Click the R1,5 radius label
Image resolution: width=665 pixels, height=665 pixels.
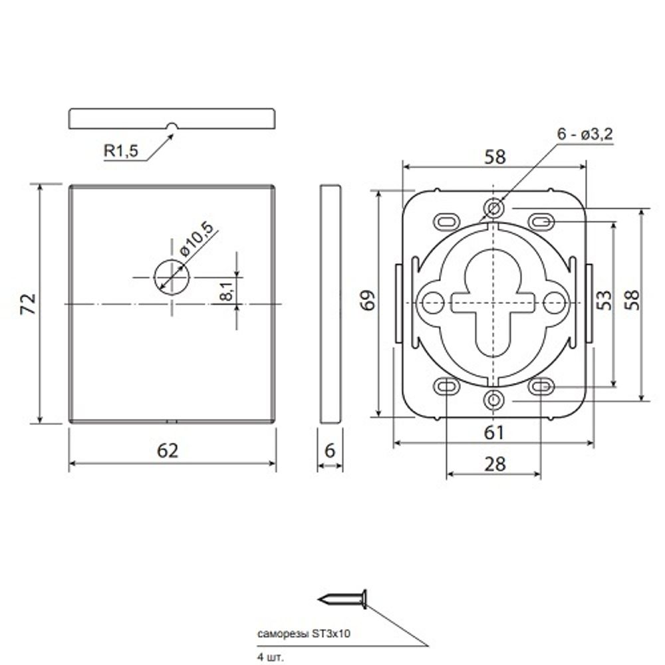(x=121, y=150)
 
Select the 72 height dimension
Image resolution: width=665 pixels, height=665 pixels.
(x=29, y=304)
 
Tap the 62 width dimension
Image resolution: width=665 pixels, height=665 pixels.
(x=168, y=451)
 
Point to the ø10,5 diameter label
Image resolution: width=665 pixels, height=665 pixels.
(x=196, y=239)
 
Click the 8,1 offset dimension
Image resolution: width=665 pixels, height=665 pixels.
(x=227, y=291)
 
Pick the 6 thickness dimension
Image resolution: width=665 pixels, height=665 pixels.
(x=330, y=450)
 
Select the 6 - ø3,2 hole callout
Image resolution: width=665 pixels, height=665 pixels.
(x=585, y=134)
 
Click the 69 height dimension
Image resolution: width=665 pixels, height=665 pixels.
(x=368, y=301)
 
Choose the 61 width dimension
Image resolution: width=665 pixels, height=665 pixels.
(x=494, y=433)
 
